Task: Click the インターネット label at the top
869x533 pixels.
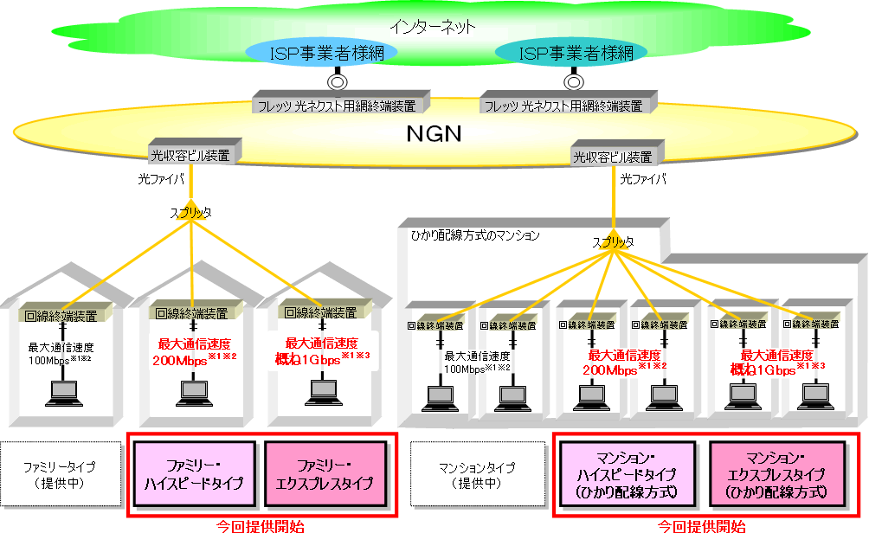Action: click(x=432, y=26)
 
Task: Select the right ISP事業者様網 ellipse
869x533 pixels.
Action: click(x=575, y=53)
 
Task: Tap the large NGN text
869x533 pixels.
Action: click(x=434, y=134)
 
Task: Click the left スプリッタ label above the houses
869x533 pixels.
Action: click(x=190, y=211)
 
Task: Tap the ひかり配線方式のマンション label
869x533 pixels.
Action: click(x=473, y=234)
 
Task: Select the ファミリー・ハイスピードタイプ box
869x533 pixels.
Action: click(x=196, y=474)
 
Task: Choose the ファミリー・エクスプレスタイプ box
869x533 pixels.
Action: click(x=325, y=474)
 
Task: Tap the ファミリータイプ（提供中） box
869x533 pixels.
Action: click(x=60, y=475)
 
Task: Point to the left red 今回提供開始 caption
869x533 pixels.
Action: click(x=260, y=525)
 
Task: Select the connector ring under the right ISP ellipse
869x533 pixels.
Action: click(x=572, y=82)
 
